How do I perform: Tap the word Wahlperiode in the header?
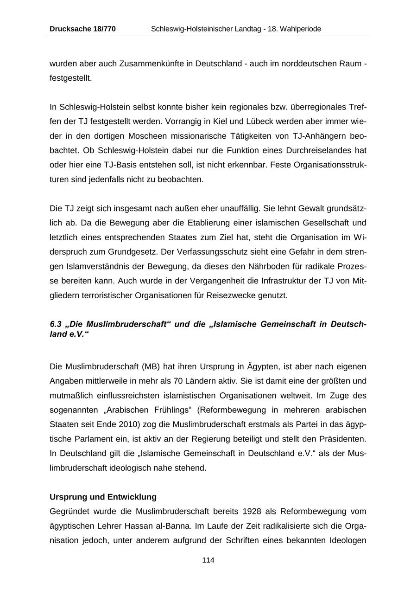[x=300, y=29]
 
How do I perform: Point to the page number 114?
[x=208, y=560]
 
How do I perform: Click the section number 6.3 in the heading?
[x=56, y=324]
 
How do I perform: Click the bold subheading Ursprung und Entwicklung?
[x=103, y=497]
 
